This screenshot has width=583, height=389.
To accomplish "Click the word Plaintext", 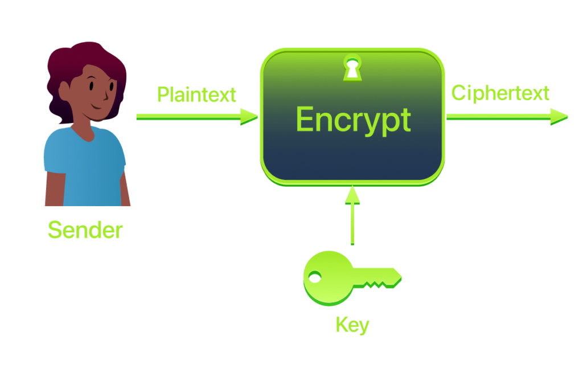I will coord(196,95).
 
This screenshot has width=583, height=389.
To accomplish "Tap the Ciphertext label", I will coord(500,93).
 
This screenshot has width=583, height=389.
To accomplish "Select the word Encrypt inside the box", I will coord(353,120).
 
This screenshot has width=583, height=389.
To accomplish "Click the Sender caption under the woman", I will coord(85,230).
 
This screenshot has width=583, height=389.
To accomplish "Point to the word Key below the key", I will coord(352,325).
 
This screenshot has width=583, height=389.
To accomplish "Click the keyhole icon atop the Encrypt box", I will coord(352,67).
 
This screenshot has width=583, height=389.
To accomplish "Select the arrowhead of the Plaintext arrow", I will coord(249,116).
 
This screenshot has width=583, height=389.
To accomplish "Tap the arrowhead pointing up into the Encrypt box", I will coord(353,195).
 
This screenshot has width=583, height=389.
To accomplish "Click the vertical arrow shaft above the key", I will coord(353,225).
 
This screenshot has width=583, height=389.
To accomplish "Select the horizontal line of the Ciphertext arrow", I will coord(495,116).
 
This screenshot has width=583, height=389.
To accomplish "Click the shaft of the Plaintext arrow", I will coord(188,116).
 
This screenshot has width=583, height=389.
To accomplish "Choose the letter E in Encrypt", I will coord(306,120).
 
